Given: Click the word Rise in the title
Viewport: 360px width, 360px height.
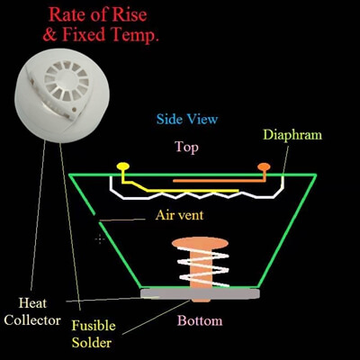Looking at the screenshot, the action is click(x=130, y=14).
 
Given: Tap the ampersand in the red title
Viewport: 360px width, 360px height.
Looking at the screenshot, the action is click(x=49, y=34).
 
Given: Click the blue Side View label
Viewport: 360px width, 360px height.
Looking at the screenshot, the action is click(x=187, y=119).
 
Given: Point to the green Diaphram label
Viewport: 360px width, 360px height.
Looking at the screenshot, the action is click(x=292, y=135).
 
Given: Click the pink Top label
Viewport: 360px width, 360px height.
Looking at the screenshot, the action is click(x=186, y=148).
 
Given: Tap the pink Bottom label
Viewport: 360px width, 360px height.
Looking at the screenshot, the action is click(x=200, y=320).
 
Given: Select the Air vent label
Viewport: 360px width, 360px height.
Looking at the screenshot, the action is click(x=179, y=215).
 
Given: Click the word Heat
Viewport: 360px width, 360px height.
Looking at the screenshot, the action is click(x=32, y=303).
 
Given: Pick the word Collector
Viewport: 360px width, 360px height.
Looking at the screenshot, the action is click(x=32, y=320).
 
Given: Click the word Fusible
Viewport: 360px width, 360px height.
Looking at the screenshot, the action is click(x=94, y=326).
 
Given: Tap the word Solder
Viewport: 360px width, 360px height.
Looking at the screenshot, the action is click(x=92, y=343).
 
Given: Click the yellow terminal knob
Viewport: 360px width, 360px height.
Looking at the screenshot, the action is click(x=123, y=166).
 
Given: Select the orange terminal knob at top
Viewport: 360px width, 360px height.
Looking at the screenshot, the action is click(x=264, y=166).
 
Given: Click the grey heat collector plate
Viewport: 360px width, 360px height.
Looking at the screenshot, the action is click(x=200, y=293).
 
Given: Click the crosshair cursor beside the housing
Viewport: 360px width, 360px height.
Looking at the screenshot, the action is click(x=100, y=239).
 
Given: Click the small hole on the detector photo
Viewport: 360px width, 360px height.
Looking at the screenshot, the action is click(x=74, y=110).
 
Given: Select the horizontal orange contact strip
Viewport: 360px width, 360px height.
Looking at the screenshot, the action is click(x=220, y=181).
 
